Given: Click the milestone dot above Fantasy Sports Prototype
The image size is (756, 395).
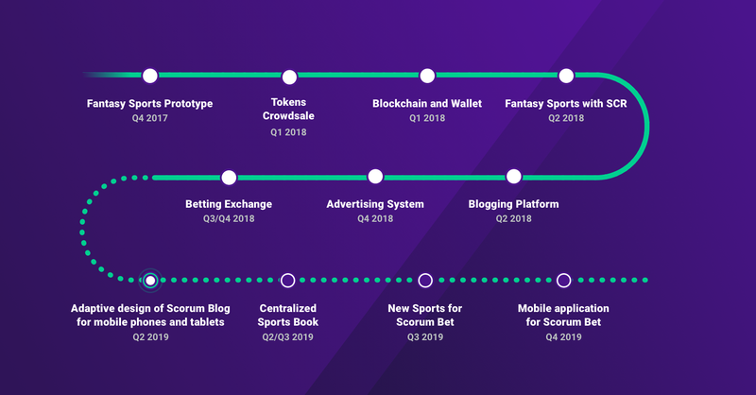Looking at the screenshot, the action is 150,76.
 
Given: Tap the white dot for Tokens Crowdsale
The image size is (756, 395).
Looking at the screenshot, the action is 289,77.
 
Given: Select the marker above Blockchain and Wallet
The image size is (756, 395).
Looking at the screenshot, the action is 427,76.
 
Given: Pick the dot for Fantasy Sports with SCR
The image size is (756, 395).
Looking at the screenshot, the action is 566,76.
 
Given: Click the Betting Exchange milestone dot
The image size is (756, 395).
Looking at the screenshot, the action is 229,178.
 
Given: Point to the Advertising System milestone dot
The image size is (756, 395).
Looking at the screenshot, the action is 375,177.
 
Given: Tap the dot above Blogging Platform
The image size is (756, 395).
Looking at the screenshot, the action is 514,177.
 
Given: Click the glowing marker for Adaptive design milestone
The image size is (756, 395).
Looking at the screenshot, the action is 150,281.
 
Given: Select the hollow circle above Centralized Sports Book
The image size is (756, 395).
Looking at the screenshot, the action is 288,281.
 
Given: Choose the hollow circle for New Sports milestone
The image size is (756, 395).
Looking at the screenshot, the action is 425,281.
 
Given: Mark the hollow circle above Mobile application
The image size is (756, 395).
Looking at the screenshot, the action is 563,281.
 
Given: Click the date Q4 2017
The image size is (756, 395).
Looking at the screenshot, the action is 150,118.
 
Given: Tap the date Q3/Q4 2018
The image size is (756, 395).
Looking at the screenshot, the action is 229,218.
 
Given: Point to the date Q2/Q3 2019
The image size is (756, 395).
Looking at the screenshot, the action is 288,337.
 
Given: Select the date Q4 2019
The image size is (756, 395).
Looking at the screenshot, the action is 563,337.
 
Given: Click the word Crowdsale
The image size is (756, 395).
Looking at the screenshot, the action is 288,116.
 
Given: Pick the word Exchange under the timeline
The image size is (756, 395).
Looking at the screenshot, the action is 249,204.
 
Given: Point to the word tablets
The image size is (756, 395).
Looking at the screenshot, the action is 208,322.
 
